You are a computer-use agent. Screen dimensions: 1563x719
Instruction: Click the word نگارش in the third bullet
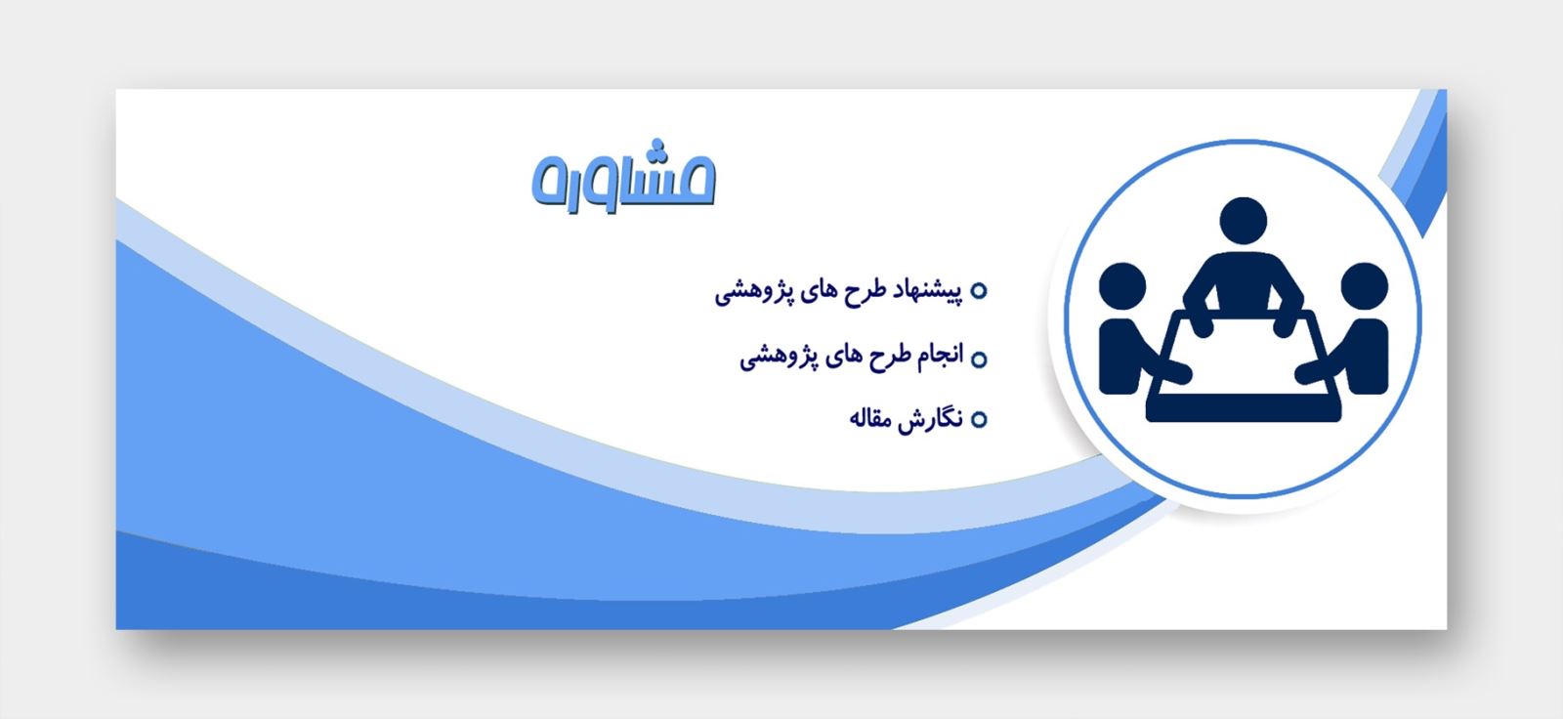pos(930,419)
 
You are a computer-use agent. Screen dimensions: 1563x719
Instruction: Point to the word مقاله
pos(869,419)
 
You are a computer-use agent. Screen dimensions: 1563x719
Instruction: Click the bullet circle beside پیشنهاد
pos(979,290)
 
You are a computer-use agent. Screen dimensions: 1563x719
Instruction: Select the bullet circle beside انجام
pos(979,359)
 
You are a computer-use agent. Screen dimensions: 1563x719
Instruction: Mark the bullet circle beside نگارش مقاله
pos(979,419)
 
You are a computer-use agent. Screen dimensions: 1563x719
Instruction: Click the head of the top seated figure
pos(1243,222)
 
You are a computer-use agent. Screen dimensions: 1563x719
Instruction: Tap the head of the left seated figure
pos(1122,286)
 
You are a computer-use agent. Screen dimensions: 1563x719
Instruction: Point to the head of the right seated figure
pos(1364,286)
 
